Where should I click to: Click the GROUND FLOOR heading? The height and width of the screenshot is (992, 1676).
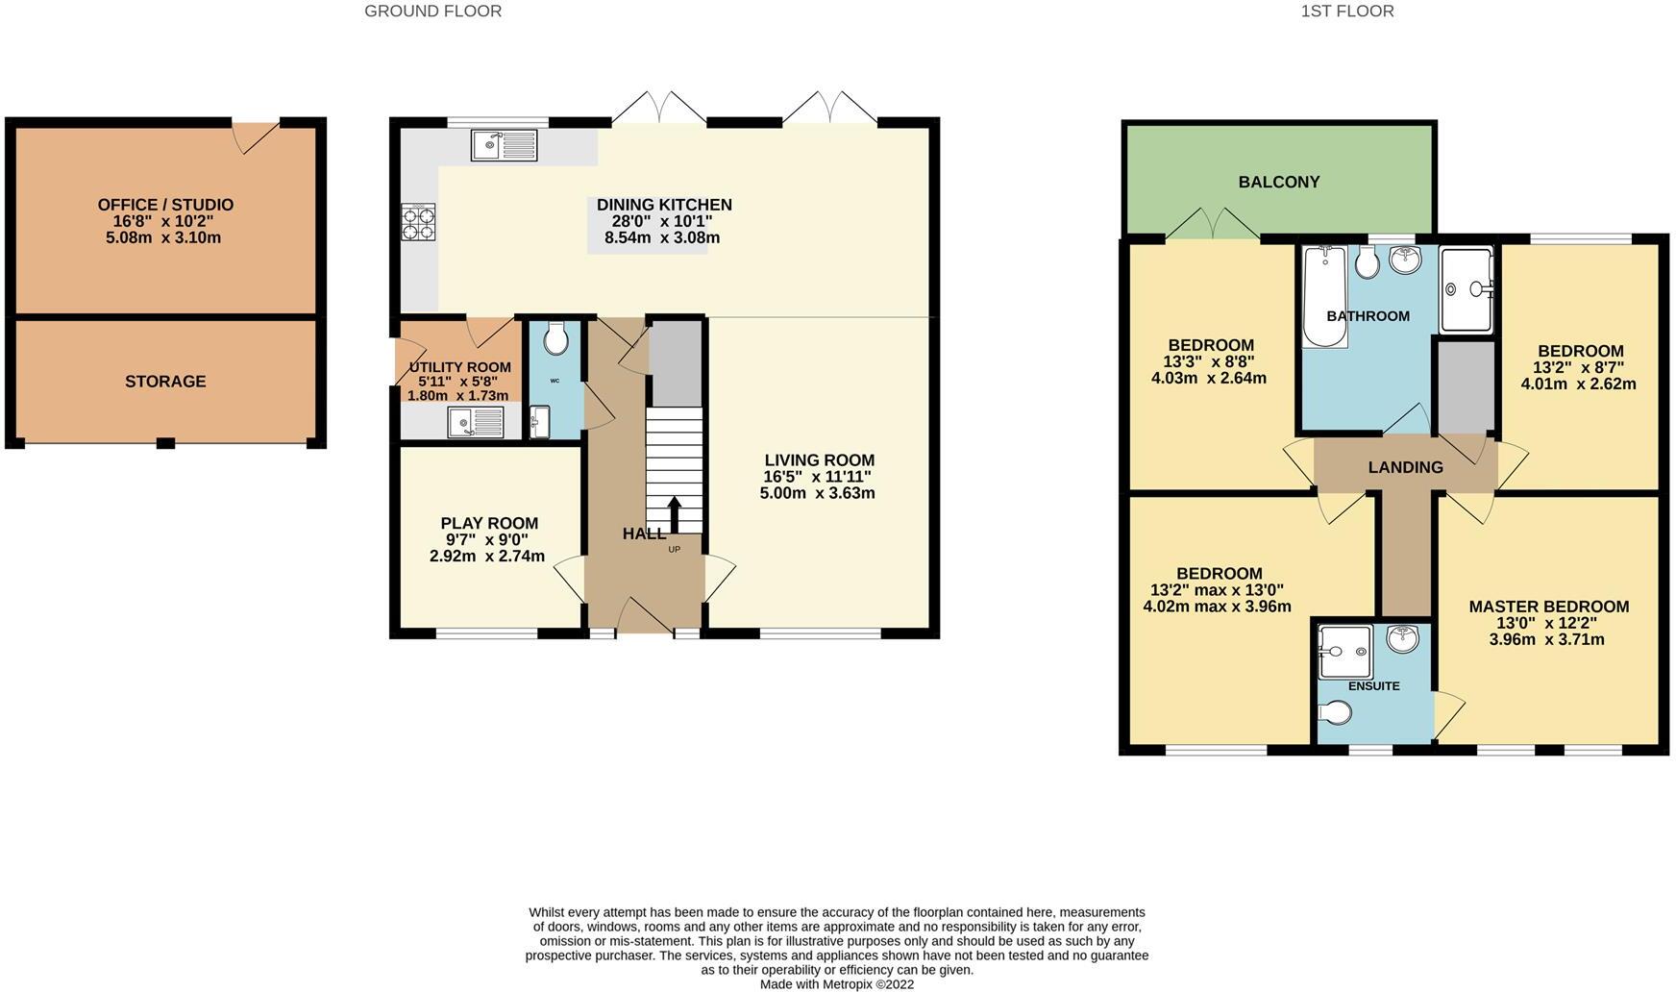(432, 12)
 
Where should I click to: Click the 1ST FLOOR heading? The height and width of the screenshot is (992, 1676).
(1346, 12)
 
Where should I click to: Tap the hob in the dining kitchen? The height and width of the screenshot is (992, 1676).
(418, 222)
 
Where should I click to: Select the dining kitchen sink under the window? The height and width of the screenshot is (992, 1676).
(505, 146)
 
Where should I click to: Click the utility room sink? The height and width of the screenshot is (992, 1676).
(475, 421)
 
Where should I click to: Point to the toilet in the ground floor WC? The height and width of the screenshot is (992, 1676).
(555, 338)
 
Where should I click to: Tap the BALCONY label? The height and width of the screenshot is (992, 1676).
(1278, 182)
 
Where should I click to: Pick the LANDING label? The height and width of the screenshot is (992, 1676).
(1405, 467)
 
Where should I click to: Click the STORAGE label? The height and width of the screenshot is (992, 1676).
(165, 382)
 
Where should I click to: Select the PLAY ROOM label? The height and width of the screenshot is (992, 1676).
(489, 523)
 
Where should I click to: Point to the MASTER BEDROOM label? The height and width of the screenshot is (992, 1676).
(1548, 607)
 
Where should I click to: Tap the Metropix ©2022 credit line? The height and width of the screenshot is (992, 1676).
(836, 984)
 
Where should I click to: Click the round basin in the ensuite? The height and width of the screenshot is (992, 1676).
(1402, 638)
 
